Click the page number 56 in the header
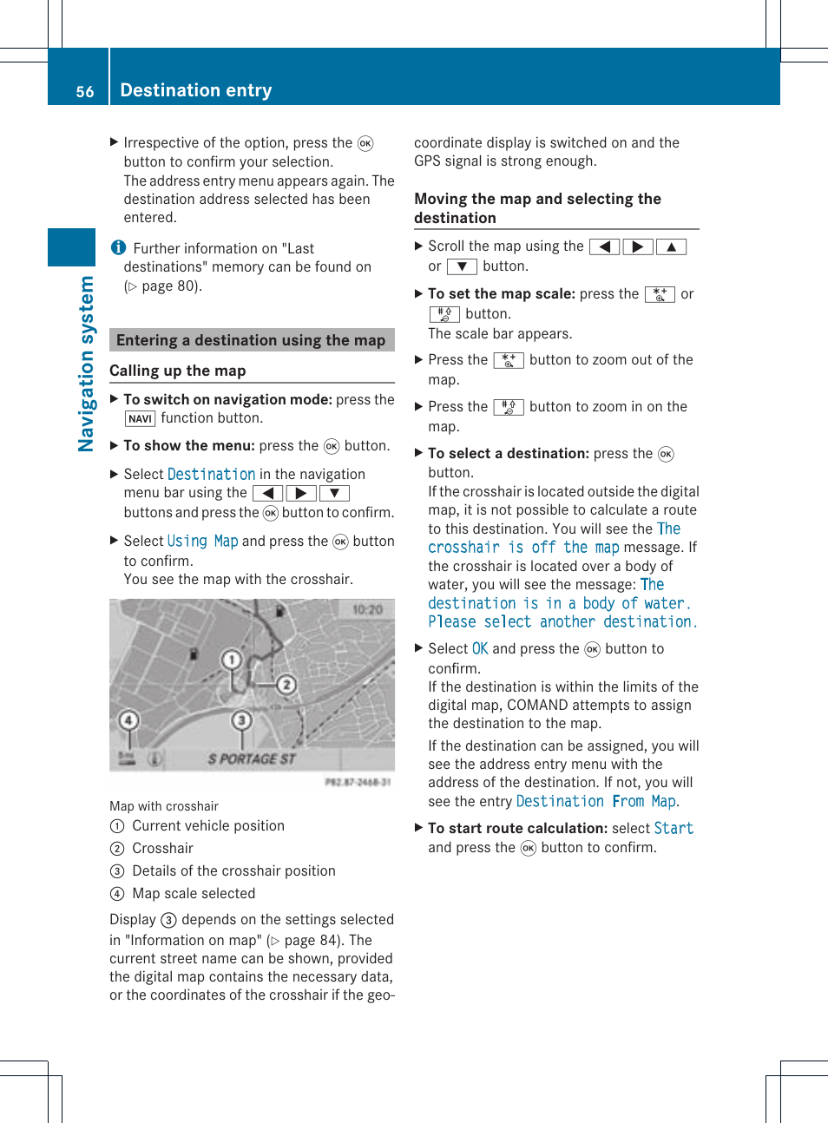[84, 91]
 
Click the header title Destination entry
[195, 90]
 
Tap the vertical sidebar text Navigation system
[86, 364]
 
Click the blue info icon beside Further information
[119, 248]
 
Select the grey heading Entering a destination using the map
[251, 340]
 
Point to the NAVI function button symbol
[140, 418]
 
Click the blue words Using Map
[202, 542]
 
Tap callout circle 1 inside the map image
[231, 660]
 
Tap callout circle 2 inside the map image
[286, 685]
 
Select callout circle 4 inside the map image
[128, 719]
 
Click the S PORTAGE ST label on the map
[251, 759]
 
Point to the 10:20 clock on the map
[367, 610]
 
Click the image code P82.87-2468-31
[358, 782]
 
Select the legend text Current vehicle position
[207, 826]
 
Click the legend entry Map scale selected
[194, 894]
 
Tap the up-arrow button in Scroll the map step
[671, 247]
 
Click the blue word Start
[674, 829]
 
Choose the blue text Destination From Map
[596, 802]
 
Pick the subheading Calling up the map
[178, 371]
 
